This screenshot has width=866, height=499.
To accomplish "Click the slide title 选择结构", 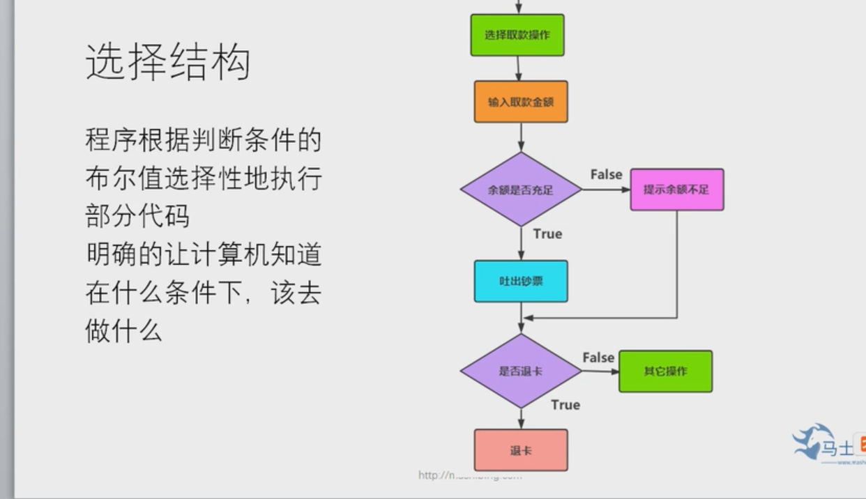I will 167,61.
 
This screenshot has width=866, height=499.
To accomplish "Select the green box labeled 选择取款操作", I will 517,35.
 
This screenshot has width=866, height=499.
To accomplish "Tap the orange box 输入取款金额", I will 521,102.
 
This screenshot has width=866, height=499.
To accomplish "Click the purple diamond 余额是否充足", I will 521,190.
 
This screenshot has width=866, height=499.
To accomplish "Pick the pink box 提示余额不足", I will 676,190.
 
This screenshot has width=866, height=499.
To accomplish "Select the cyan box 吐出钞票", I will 521,282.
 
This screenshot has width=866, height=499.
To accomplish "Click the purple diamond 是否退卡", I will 521,371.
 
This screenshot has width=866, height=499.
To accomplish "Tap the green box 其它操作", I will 665,371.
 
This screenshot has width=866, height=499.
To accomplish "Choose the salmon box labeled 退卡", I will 521,450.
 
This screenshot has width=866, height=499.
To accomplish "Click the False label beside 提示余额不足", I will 606,174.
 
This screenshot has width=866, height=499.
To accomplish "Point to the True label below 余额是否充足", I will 547,234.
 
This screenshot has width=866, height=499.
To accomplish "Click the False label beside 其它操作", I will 598,358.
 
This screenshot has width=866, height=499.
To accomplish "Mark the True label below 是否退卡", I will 565,405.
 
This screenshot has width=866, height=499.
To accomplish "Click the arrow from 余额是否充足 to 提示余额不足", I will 605,190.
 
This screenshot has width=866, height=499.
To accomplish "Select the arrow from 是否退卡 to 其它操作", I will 600,371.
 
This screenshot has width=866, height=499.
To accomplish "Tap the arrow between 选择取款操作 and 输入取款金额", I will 519,68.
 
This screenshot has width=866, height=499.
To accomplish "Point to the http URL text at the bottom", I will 469,475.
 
